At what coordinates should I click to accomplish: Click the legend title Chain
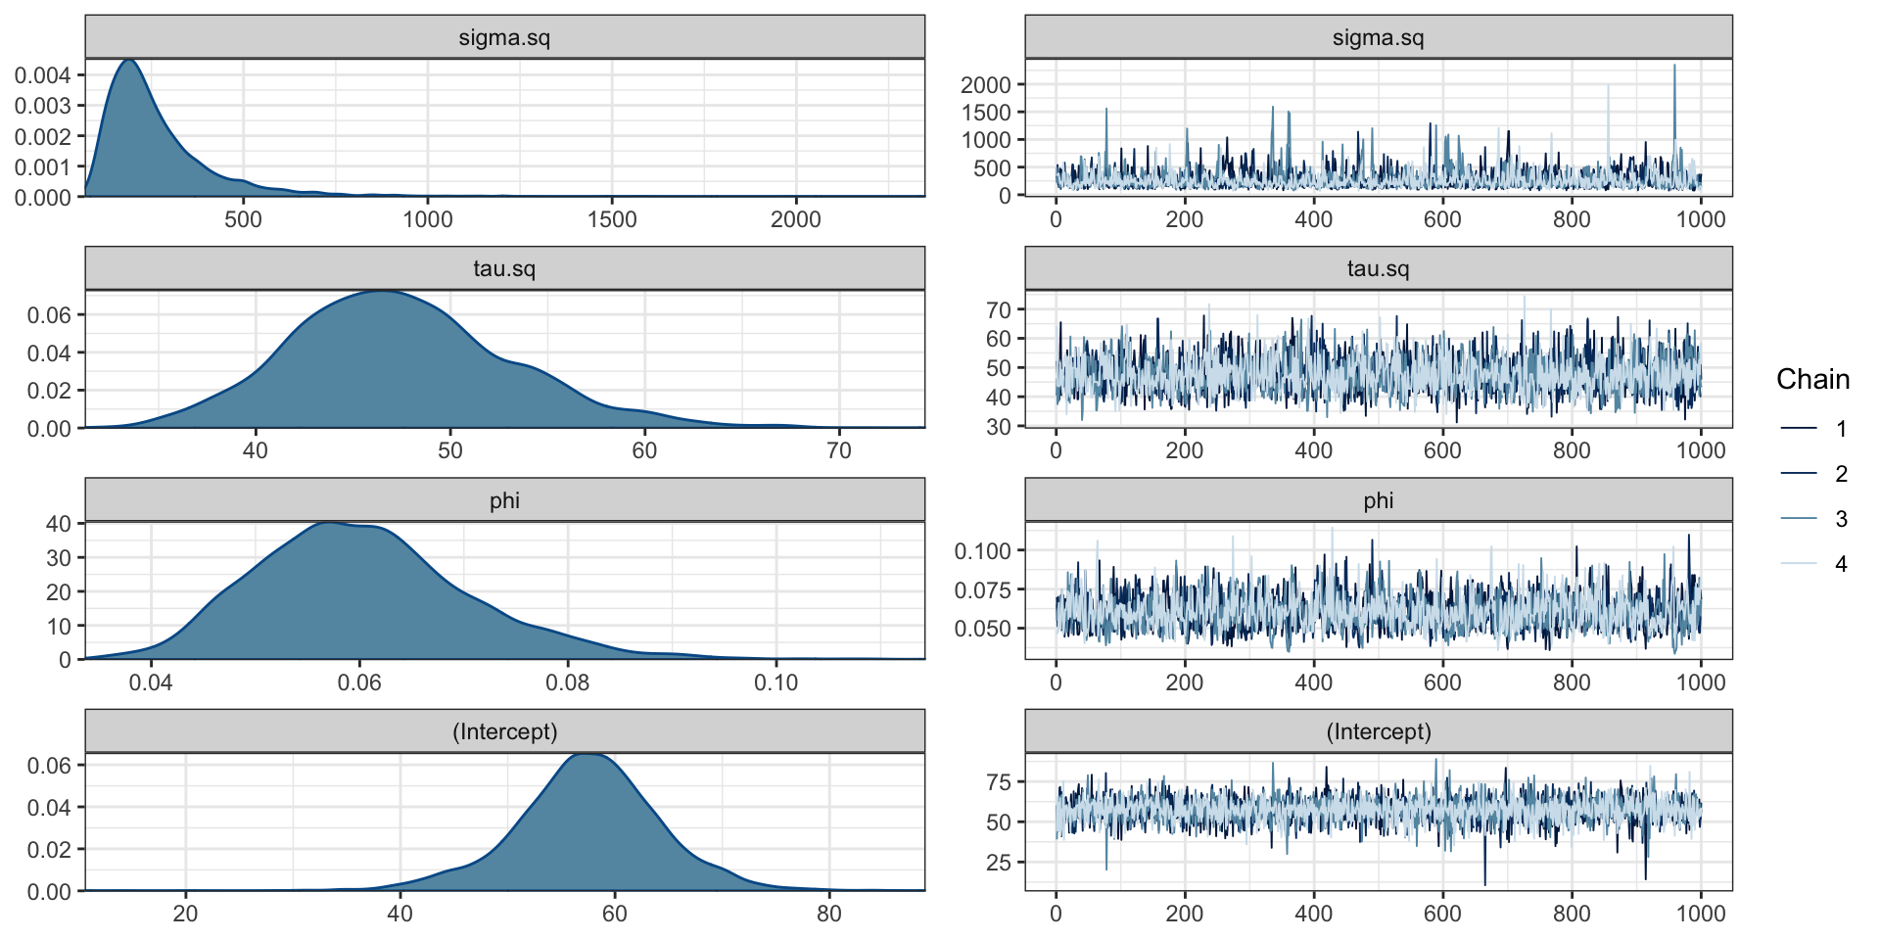1812,379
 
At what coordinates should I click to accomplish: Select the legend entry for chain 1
1841,429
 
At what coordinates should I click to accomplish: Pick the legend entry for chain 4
1841,564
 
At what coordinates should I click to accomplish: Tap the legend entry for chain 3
1841,519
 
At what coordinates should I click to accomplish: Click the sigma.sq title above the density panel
504,38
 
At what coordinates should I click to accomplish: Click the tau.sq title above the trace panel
1378,269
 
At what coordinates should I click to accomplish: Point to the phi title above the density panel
504,500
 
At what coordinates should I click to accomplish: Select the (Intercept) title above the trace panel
1378,731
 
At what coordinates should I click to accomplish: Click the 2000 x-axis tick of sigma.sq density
795,219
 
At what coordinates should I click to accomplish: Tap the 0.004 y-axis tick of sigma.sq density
42,75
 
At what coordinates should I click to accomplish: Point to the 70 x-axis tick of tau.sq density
839,450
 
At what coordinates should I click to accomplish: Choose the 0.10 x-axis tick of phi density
776,681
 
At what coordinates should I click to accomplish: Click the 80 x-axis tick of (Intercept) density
828,914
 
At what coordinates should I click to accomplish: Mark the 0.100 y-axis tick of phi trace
982,551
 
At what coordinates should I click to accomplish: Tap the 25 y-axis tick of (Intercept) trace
999,863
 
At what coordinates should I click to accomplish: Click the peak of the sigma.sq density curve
129,61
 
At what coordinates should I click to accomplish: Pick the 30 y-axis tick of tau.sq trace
999,427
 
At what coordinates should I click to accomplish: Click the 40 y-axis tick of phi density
59,524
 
